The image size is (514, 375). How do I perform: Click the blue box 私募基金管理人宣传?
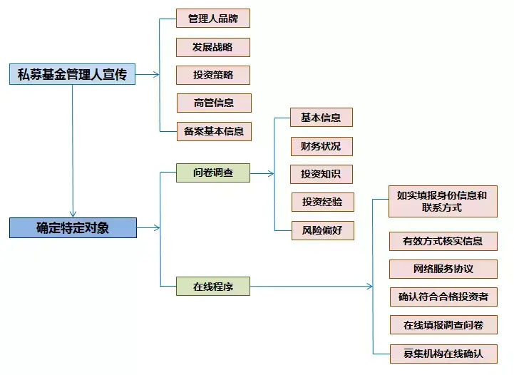coord(72,74)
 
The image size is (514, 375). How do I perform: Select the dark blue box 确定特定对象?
coord(73,227)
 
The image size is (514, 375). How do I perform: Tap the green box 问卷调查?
coord(213,173)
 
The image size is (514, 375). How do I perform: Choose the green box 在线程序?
coord(213,286)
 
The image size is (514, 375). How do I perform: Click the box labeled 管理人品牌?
coord(213,19)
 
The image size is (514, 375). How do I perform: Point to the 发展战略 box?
coord(213,47)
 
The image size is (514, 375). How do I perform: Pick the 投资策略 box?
coord(213,75)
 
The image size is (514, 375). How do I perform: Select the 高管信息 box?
coord(214,103)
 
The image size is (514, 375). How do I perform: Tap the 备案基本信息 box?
coord(214,131)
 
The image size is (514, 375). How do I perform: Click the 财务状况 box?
coord(322,146)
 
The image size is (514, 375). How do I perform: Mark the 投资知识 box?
coord(322,174)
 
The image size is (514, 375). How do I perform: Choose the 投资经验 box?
coord(322,202)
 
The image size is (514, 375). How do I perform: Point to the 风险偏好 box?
coord(322,230)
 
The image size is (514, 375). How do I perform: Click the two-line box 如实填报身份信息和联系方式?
coord(443,201)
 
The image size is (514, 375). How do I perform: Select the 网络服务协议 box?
coord(443,269)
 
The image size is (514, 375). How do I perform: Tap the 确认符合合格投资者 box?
coord(443,297)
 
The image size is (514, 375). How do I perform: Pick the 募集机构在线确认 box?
coord(443,354)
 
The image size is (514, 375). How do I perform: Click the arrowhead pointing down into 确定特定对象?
coord(73,214)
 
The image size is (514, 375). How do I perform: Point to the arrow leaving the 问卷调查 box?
coord(262,173)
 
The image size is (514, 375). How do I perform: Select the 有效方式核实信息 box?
coord(443,241)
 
